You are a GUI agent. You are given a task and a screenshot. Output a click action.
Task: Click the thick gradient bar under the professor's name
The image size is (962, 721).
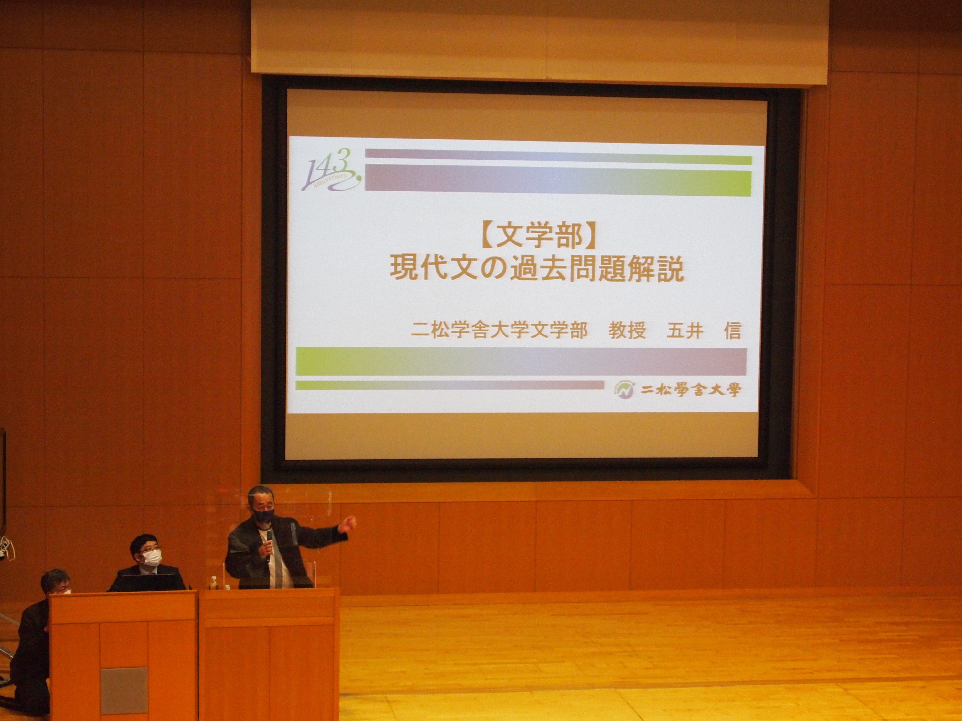pyautogui.click(x=521, y=362)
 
